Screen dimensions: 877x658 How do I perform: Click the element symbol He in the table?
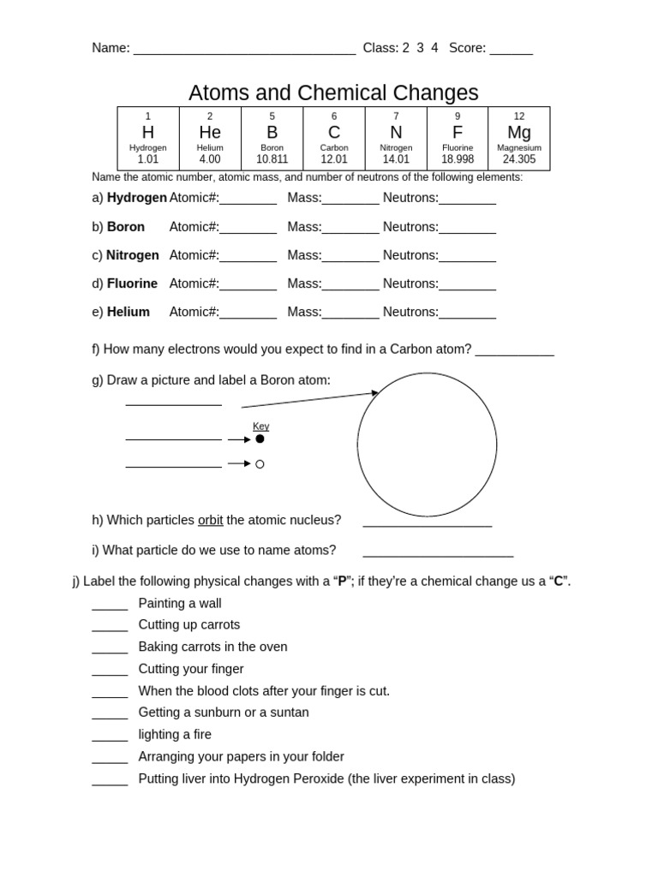click(210, 132)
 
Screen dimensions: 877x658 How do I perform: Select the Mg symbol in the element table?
click(519, 132)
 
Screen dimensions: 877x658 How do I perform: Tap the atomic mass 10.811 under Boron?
click(272, 159)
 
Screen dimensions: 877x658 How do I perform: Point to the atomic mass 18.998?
click(458, 159)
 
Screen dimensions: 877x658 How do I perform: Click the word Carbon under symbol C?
click(334, 147)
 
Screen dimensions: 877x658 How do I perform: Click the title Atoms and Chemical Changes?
click(333, 92)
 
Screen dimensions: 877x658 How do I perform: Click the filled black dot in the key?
click(260, 438)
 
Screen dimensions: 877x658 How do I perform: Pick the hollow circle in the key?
click(260, 464)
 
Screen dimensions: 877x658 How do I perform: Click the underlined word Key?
click(260, 427)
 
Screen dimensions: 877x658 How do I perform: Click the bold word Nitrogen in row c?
click(133, 255)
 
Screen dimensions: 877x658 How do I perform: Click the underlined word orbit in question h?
click(210, 520)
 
